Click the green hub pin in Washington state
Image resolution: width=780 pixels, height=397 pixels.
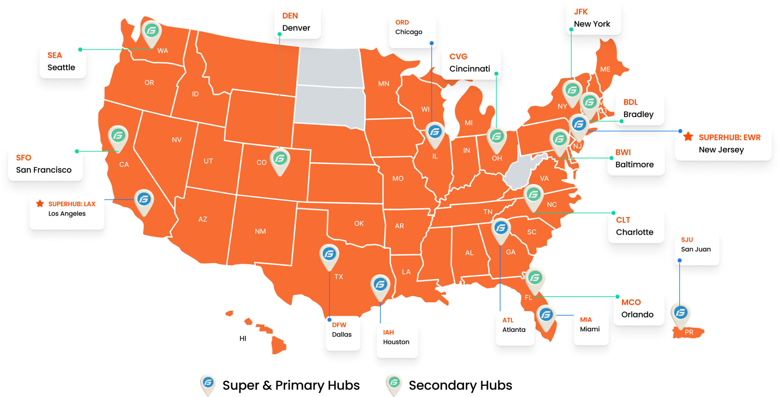pos(151,31)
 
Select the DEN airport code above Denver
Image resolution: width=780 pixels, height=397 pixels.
pos(290,16)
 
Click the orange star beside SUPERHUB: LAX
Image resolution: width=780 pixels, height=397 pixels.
pos(40,203)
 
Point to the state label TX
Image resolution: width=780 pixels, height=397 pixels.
pos(339,277)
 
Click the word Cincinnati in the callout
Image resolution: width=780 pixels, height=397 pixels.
pos(470,69)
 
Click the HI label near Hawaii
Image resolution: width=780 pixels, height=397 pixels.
pos(243,338)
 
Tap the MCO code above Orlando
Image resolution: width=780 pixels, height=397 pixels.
pos(631,302)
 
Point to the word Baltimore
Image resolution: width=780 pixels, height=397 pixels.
pos(634,165)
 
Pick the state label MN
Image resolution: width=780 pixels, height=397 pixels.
pos(384,84)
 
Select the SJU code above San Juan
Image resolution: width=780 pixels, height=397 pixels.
pos(687,240)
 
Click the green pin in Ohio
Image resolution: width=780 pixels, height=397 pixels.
pos(497,137)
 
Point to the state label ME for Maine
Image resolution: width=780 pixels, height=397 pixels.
pos(605,69)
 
